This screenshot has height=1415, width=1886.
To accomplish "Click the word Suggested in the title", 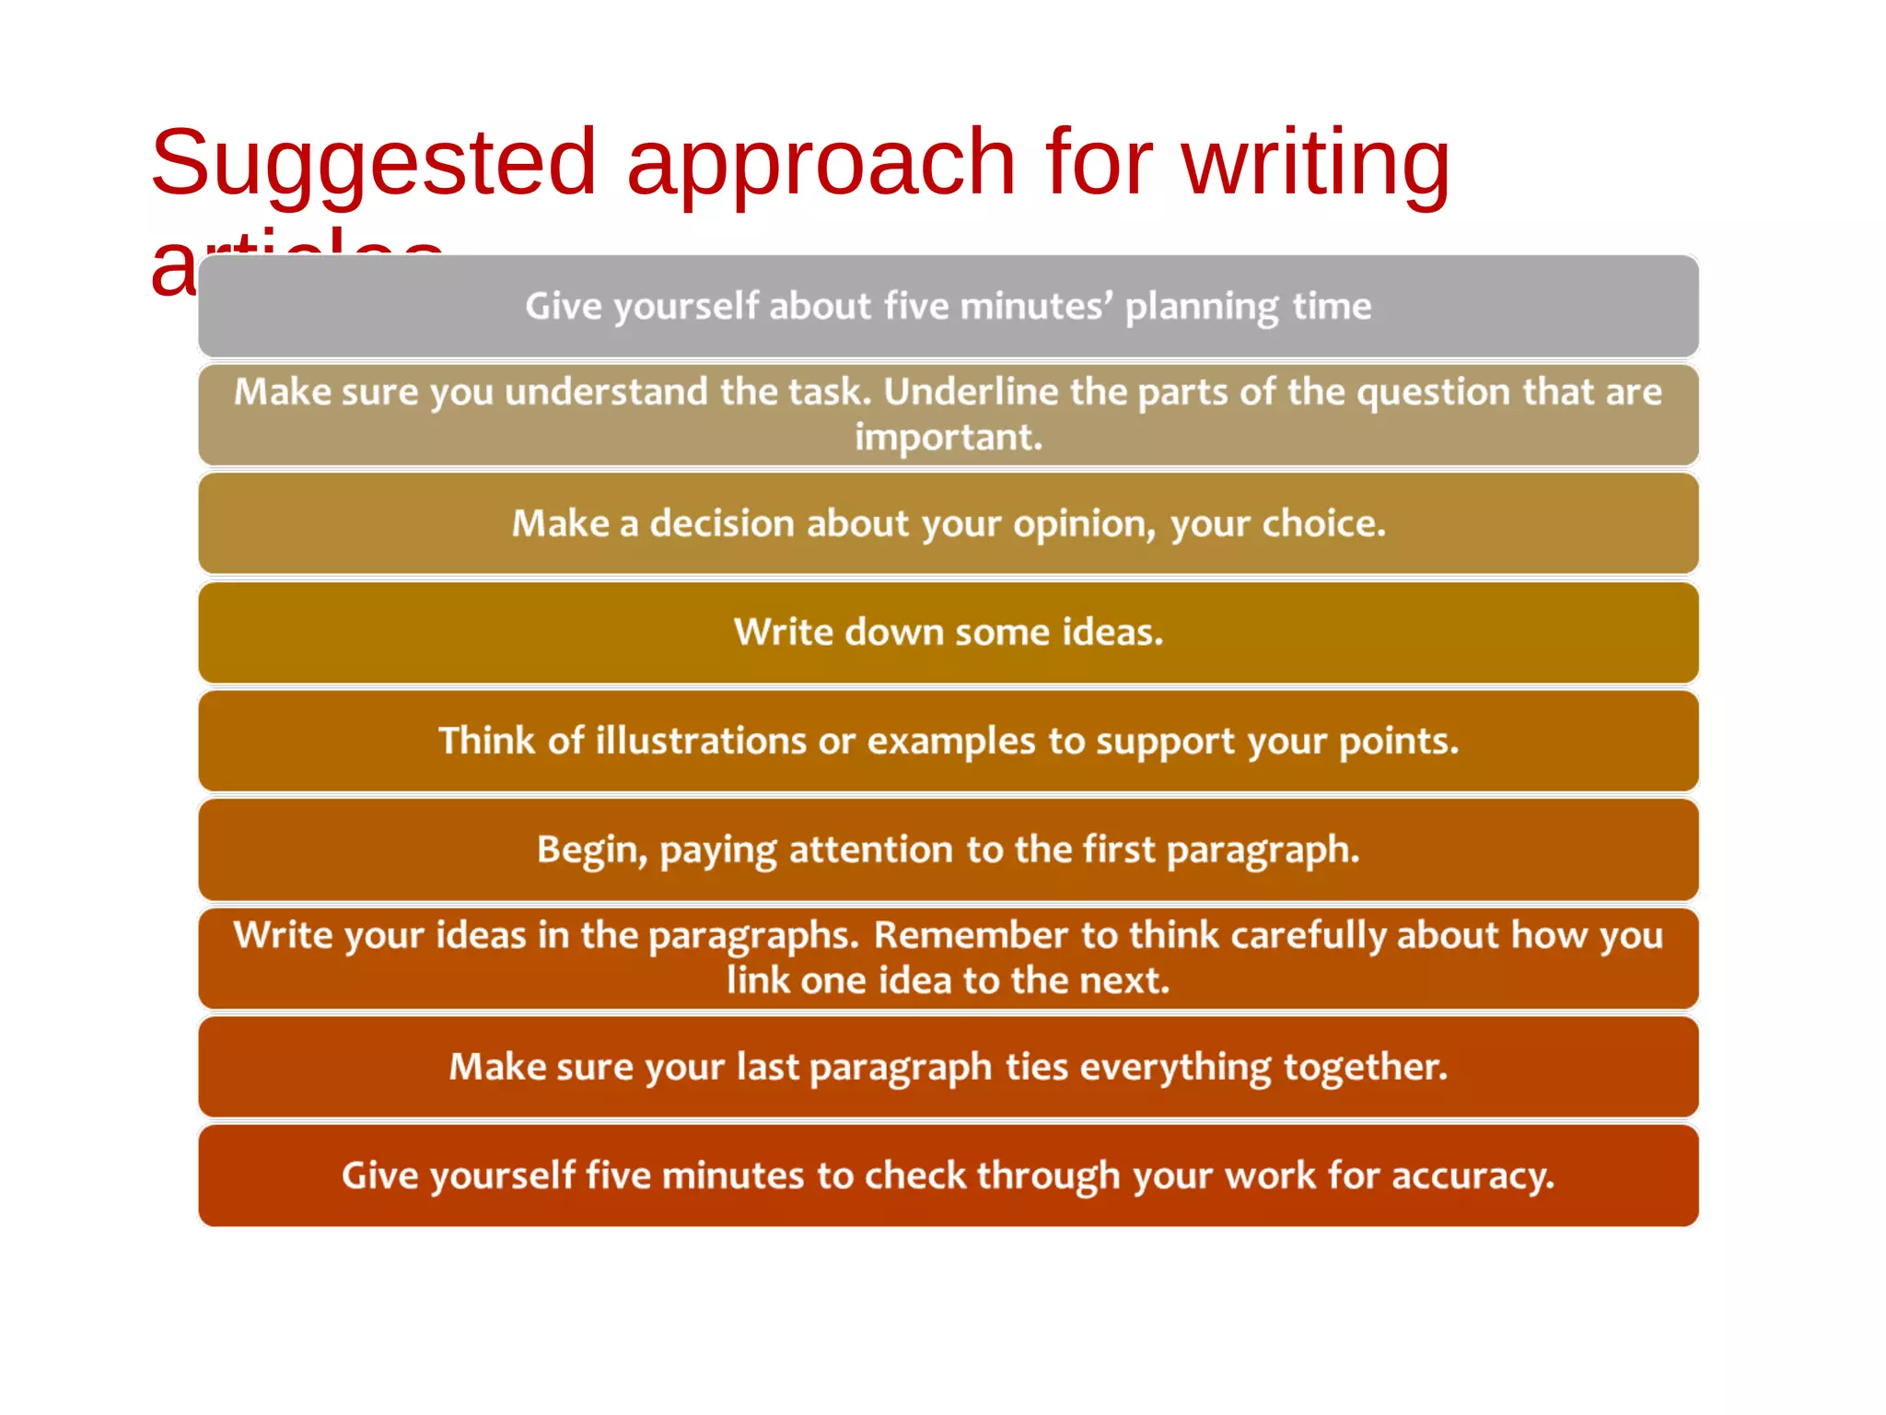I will (373, 164).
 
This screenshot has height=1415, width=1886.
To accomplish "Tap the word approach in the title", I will (821, 164).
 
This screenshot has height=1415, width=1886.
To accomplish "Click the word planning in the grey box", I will (1202, 307).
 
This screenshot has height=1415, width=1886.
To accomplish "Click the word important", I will (949, 438).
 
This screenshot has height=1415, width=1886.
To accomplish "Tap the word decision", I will (722, 524).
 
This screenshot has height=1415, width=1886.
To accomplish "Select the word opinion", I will (1085, 524).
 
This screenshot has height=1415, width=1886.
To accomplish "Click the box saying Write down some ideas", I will (949, 633).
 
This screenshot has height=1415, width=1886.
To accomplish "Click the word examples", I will (951, 742).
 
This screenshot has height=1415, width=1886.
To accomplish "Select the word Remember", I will (971, 936).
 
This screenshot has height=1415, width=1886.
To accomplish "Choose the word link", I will (757, 981).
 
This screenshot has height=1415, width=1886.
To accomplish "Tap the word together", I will (1365, 1068).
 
